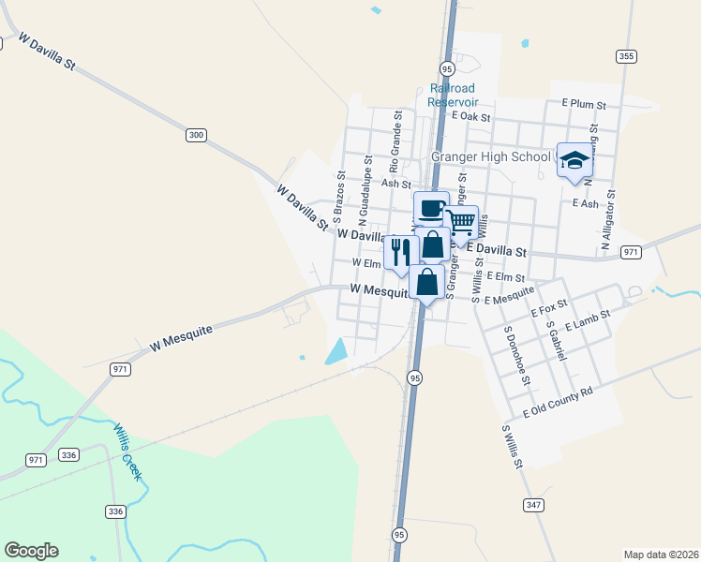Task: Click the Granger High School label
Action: [x=490, y=156]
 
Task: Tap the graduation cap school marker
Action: [x=574, y=159]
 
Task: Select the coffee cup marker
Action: [x=431, y=208]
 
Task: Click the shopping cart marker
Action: [x=460, y=222]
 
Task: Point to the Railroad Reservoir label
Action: [x=453, y=95]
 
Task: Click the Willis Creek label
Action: [x=127, y=451]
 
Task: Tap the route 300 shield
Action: [x=195, y=136]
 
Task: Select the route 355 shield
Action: [x=627, y=56]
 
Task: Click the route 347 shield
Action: [x=533, y=505]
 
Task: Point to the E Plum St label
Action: [x=585, y=103]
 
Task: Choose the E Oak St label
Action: [x=471, y=117]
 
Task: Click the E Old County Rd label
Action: [x=559, y=401]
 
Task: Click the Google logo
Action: [x=31, y=551]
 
